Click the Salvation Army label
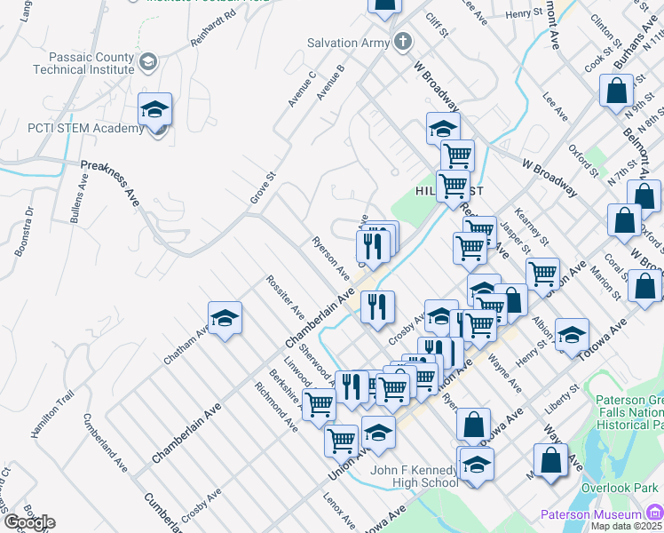coord(349,42)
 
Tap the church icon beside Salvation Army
coord(403,41)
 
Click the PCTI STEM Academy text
coord(73,128)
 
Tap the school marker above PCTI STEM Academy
coord(155,110)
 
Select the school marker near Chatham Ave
coord(225,319)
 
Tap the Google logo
coord(28,522)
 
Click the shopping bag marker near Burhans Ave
coord(616,92)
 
